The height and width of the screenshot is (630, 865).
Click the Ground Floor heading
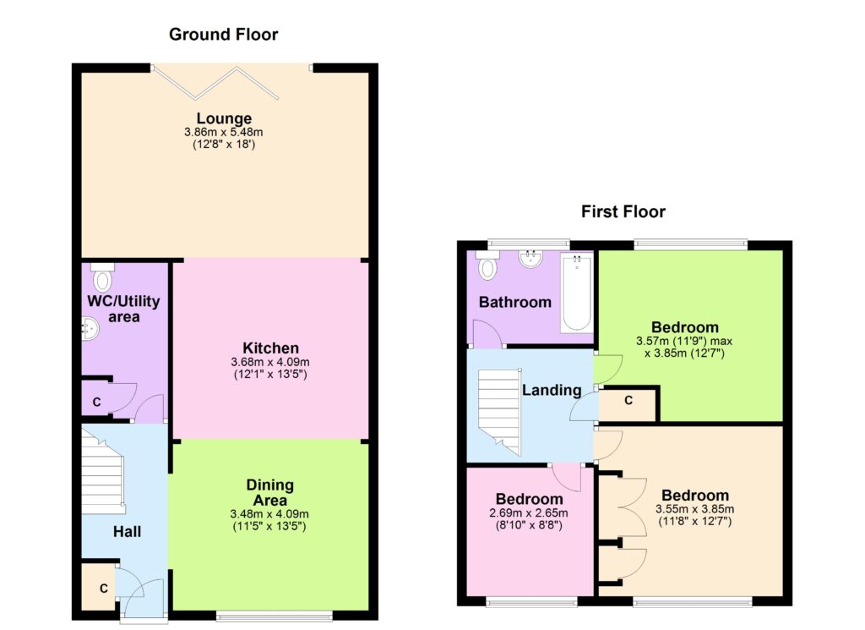(223, 34)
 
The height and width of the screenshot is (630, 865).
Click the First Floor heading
(623, 211)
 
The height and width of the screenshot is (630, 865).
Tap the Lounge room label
(224, 118)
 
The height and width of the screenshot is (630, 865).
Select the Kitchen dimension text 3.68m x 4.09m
(270, 362)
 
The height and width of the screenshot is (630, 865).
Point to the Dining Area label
(269, 492)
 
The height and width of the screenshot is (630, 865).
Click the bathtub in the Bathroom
(576, 293)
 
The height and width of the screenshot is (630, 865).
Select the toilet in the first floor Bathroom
(487, 265)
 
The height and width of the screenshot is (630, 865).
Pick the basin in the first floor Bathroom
(530, 259)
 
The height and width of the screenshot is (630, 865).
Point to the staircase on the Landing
(499, 411)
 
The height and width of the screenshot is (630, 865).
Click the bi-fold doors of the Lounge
(215, 84)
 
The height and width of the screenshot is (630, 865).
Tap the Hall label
(127, 532)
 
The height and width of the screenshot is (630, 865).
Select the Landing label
(552, 391)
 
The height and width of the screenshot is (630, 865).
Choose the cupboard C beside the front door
(99, 587)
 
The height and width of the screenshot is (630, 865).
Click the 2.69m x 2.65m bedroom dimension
(529, 513)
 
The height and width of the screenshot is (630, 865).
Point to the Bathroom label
(514, 302)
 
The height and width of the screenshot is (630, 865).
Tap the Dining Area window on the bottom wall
(275, 616)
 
